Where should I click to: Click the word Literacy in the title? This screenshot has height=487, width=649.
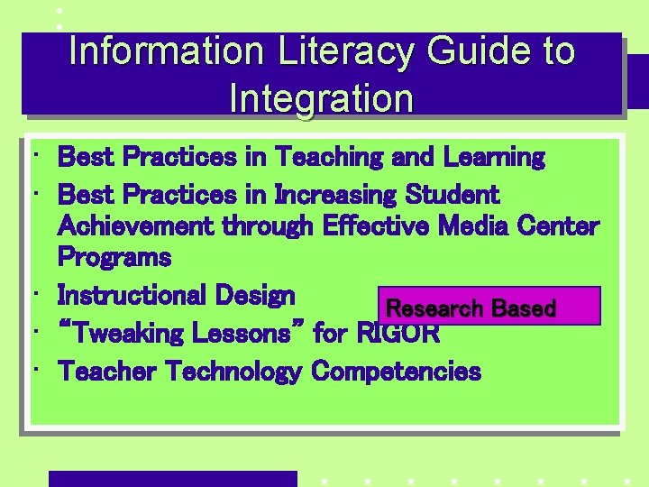[x=334, y=51]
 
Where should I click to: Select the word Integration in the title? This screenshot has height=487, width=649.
[x=322, y=98]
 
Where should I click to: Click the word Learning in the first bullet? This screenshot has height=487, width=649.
[x=494, y=158]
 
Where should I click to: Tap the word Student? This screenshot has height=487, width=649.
[x=453, y=195]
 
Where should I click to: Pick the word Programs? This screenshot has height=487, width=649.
[x=114, y=258]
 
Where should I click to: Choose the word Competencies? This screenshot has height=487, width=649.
[x=396, y=372]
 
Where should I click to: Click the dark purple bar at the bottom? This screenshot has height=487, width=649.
[x=172, y=479]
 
